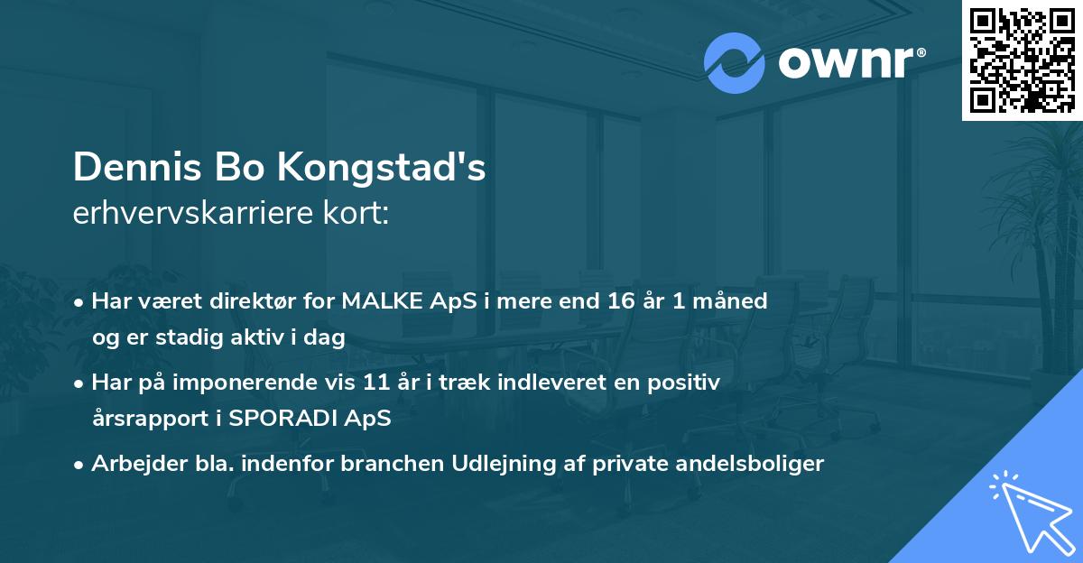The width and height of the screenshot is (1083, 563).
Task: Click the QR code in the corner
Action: point(1023,60)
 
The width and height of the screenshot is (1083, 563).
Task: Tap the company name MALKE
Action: point(378,301)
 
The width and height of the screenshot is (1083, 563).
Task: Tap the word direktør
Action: point(239,301)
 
